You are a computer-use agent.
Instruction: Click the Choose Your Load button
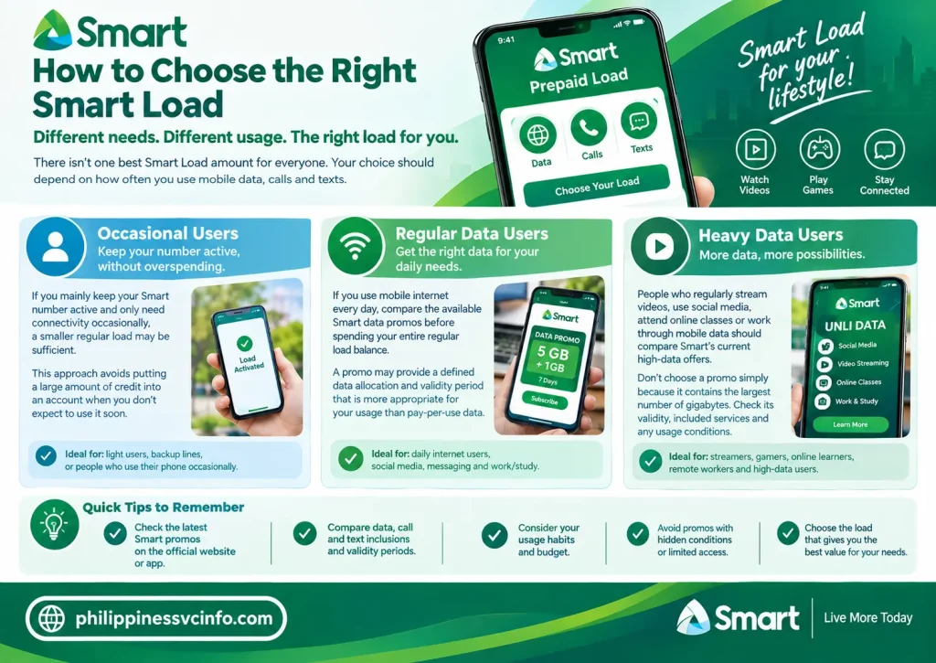[x=596, y=186]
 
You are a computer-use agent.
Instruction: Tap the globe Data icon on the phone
[x=537, y=134]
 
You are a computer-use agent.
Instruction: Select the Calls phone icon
[x=589, y=127]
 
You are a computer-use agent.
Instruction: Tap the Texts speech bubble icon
[x=639, y=121]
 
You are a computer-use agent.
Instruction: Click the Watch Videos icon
[x=755, y=149]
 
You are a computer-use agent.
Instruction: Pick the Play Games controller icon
[x=820, y=149]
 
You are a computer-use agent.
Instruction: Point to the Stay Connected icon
[x=884, y=149]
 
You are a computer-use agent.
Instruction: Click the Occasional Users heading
[x=168, y=233]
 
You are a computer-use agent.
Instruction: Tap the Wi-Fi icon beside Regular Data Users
[x=356, y=246]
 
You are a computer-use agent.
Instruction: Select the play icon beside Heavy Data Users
[x=659, y=246]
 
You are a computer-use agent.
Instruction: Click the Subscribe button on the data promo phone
[x=545, y=401]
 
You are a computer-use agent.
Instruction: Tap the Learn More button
[x=850, y=424]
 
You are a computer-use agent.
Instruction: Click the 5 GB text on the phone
[x=553, y=352]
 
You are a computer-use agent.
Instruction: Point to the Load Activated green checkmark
[x=244, y=343]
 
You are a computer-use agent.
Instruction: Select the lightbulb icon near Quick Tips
[x=54, y=524]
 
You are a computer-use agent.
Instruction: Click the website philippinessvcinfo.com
[x=174, y=618]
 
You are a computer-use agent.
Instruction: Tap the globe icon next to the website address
[x=51, y=618]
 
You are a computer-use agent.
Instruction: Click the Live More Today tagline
[x=868, y=617]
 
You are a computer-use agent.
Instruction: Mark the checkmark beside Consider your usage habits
[x=495, y=535]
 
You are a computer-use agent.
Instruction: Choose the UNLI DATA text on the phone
[x=855, y=326]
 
